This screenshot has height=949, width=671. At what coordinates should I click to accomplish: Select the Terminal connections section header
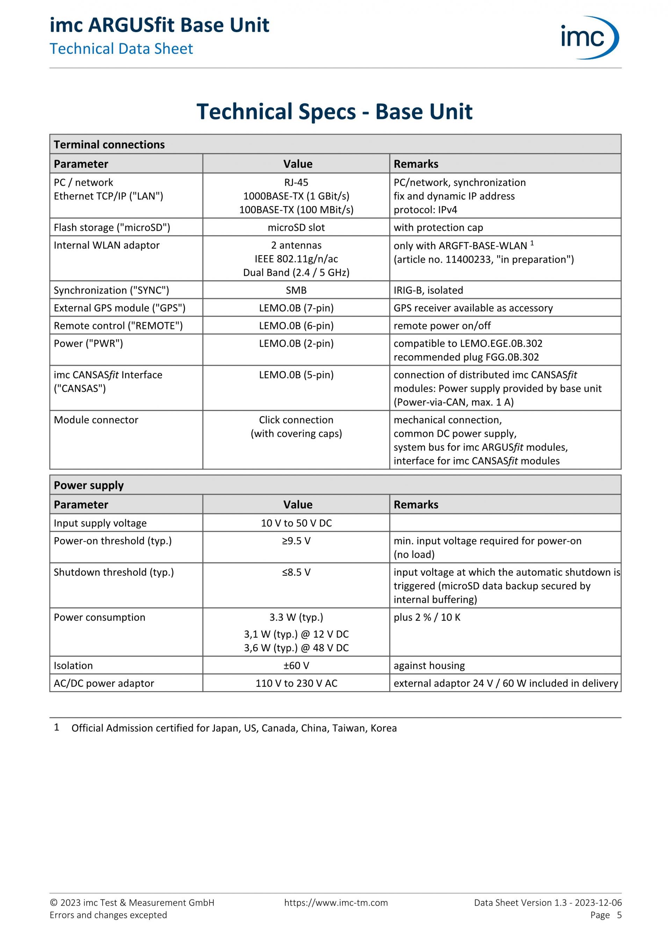[109, 144]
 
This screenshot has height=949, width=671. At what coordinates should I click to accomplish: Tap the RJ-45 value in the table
[296, 182]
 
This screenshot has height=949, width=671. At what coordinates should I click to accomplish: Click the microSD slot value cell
[296, 227]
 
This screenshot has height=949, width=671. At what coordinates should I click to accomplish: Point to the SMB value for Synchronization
[296, 290]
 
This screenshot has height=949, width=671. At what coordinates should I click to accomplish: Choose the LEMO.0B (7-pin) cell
[296, 308]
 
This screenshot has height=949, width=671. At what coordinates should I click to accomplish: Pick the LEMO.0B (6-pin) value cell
[296, 326]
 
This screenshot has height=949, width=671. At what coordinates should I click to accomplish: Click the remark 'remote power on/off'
[442, 326]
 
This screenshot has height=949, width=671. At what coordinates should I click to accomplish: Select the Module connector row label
[96, 420]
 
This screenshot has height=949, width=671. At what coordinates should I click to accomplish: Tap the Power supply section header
[88, 485]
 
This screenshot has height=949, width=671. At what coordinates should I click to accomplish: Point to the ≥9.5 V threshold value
[296, 541]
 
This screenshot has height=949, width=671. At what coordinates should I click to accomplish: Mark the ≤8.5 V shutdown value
[296, 572]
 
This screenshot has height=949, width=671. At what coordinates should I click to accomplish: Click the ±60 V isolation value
[296, 666]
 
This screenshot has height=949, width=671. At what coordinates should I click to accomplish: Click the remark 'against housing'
[429, 666]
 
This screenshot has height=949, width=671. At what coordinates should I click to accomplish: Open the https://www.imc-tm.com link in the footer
[336, 903]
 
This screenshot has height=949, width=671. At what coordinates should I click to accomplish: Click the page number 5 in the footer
[619, 915]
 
